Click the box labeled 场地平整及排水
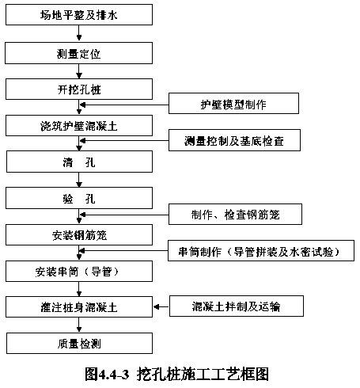click(x=79, y=15)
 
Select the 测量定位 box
click(x=79, y=53)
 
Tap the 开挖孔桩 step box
click(x=79, y=89)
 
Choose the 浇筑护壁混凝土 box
click(x=79, y=126)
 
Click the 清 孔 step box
click(x=79, y=162)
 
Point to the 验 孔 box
click(x=79, y=198)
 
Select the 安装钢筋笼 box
click(x=79, y=235)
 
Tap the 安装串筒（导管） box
click(x=79, y=272)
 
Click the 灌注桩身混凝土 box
click(x=79, y=307)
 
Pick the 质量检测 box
click(x=79, y=343)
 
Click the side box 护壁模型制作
click(x=233, y=104)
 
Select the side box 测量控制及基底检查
click(x=234, y=140)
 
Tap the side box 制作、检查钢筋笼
click(x=235, y=215)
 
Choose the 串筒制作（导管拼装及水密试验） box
click(x=261, y=251)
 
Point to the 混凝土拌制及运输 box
click(x=237, y=306)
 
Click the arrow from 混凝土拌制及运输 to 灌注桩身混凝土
click(x=161, y=307)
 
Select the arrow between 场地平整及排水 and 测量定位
click(x=79, y=33)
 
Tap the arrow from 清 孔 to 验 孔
click(x=79, y=180)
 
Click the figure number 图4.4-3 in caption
click(x=107, y=375)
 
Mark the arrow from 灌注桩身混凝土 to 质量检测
click(x=79, y=325)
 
